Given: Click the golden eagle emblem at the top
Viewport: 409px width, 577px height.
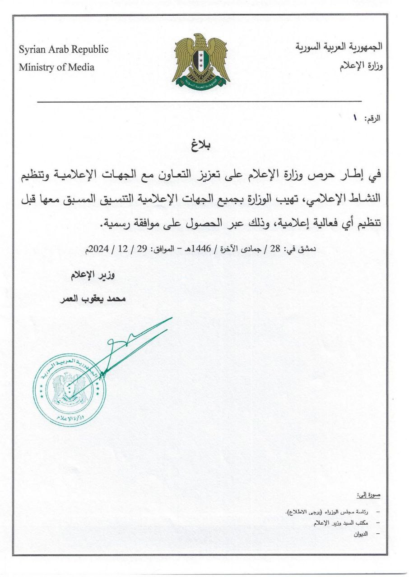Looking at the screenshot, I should click(200, 61).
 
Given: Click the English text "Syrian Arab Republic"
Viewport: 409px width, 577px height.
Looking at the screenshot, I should click(63, 50).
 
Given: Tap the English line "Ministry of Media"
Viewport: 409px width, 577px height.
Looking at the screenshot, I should click(56, 68).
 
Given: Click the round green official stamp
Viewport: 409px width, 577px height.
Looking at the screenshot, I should click(69, 390).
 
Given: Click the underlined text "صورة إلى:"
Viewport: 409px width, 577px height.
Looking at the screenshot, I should click(369, 495).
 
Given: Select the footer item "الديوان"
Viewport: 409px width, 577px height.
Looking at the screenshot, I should click(361, 534).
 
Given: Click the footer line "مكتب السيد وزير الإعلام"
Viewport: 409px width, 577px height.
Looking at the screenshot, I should click(341, 523).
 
